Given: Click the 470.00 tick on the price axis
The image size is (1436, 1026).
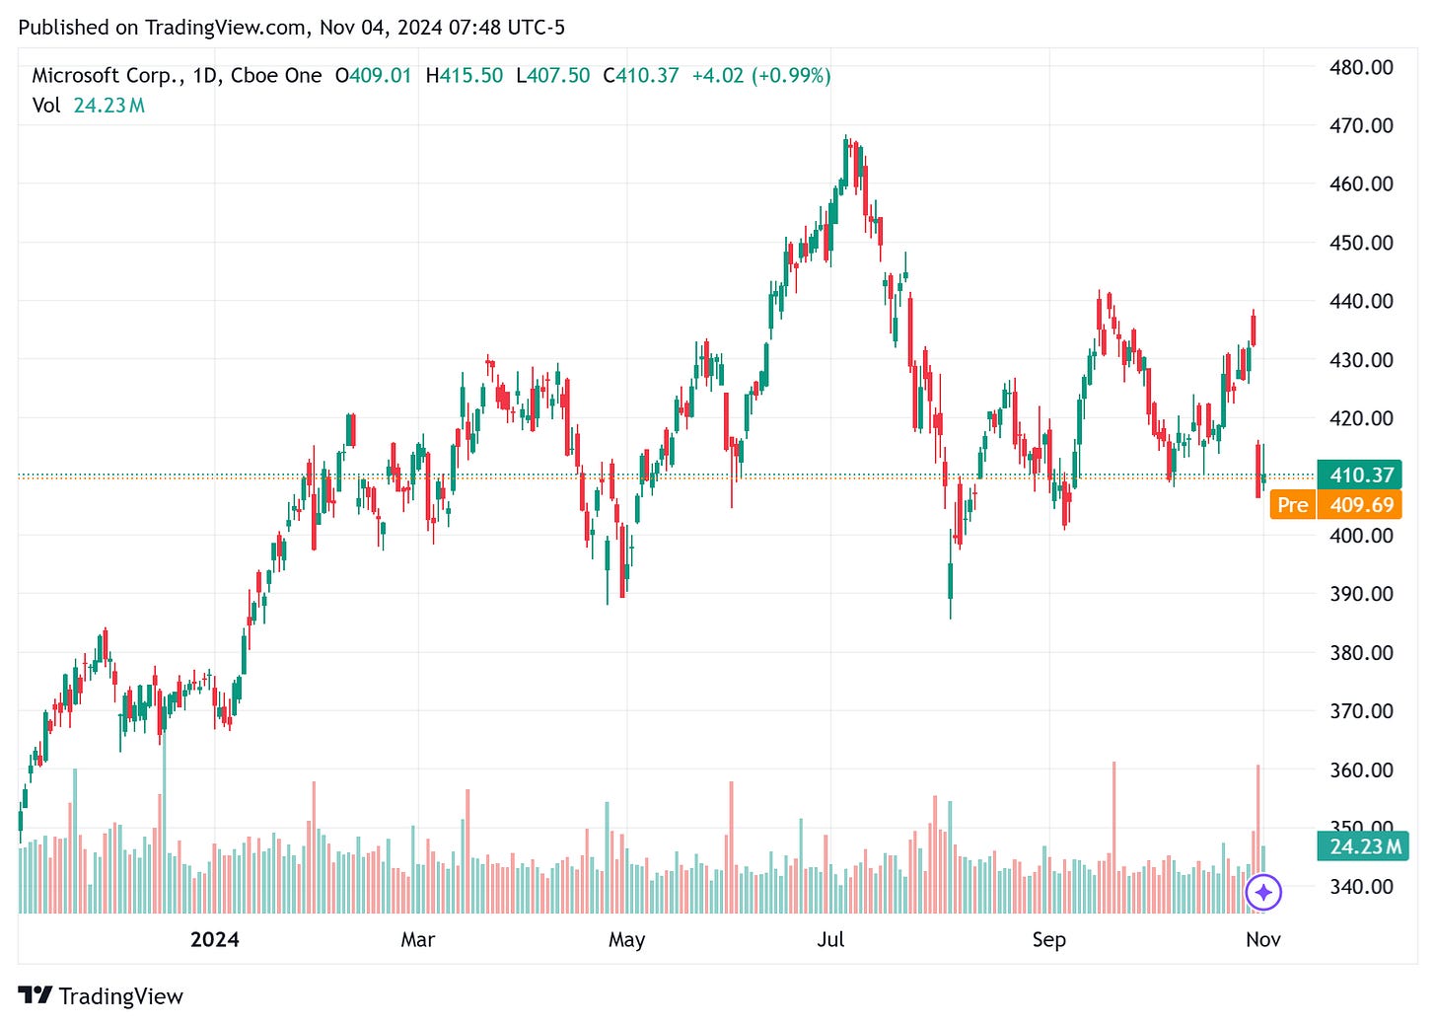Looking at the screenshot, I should (1361, 125).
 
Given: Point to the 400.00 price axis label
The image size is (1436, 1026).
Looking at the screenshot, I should (1361, 536).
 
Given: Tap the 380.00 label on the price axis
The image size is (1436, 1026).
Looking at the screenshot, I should (1361, 652).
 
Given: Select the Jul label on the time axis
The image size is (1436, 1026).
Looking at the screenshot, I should (830, 939).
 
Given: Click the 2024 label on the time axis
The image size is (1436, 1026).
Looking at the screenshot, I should (214, 939).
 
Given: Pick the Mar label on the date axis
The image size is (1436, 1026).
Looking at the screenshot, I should (417, 939).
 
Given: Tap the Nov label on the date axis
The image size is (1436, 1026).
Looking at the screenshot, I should (1262, 939).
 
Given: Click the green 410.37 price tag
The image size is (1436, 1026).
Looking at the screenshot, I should (1361, 476).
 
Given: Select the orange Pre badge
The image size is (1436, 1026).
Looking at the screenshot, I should (1292, 505).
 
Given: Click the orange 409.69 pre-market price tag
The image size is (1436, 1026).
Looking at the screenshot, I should (1362, 505).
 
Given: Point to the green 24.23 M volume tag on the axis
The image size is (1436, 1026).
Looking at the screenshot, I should (1364, 846).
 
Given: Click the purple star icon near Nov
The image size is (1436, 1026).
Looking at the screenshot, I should (1263, 893).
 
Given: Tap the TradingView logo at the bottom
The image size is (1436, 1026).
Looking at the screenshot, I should (101, 996).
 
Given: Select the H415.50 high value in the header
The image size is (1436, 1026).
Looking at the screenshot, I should (464, 76).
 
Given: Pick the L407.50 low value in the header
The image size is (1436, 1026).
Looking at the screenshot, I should (552, 76).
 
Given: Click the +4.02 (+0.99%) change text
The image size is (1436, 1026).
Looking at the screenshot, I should (760, 76).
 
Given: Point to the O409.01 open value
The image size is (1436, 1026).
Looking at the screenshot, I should (373, 76).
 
